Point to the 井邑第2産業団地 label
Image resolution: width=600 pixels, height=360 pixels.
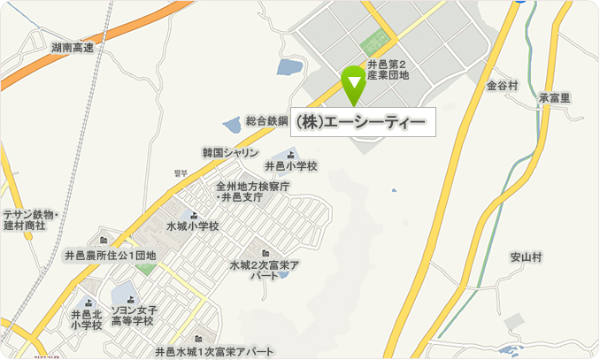(x=387, y=70)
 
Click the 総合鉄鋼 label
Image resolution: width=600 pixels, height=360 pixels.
(x=267, y=119)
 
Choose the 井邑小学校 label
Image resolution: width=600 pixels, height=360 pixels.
(x=290, y=165)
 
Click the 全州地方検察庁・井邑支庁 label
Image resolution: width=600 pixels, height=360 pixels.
(x=252, y=192)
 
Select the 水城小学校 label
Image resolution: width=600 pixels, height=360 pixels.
(x=192, y=226)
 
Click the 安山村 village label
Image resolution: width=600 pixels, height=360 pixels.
(x=526, y=257)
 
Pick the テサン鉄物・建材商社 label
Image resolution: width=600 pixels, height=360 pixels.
(x=30, y=220)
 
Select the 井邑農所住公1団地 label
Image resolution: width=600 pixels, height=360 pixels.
(x=110, y=256)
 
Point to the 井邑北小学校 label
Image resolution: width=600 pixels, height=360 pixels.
(x=86, y=319)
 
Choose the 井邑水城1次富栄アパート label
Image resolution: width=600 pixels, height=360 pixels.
(x=214, y=352)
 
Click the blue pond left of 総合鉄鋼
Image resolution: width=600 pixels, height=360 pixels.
(x=231, y=125)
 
